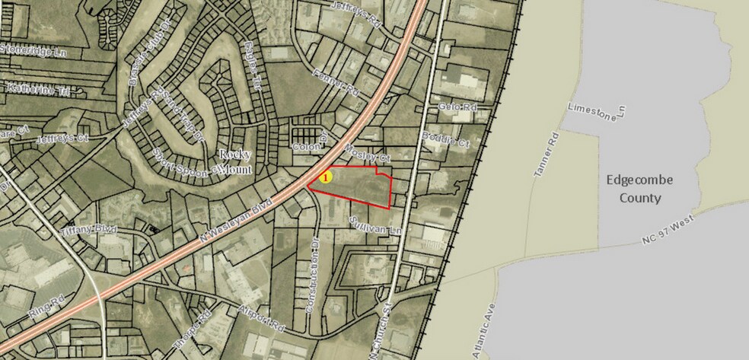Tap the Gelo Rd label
point(457,107)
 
